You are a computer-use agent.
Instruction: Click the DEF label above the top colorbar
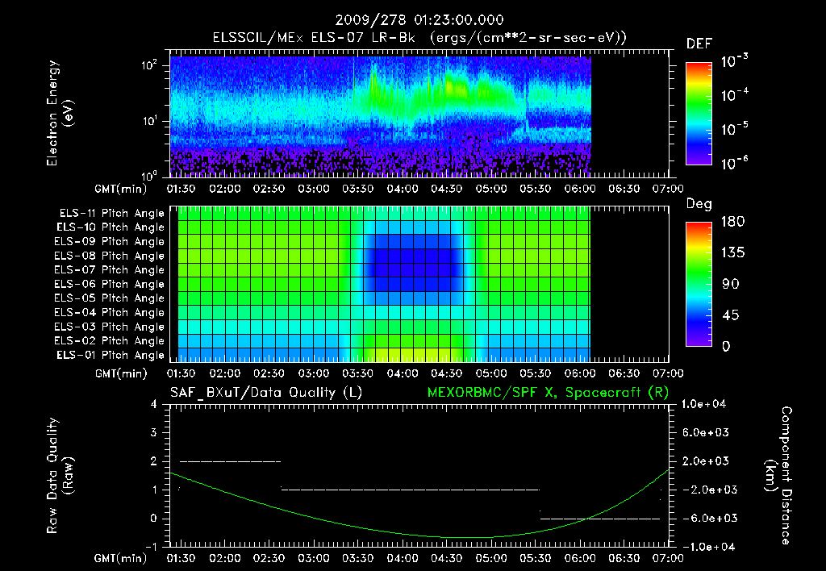click(699, 44)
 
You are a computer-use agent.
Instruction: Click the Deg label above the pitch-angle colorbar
click(699, 204)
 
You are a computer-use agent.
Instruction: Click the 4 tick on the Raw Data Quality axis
click(154, 404)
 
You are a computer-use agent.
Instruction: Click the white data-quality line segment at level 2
click(230, 461)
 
